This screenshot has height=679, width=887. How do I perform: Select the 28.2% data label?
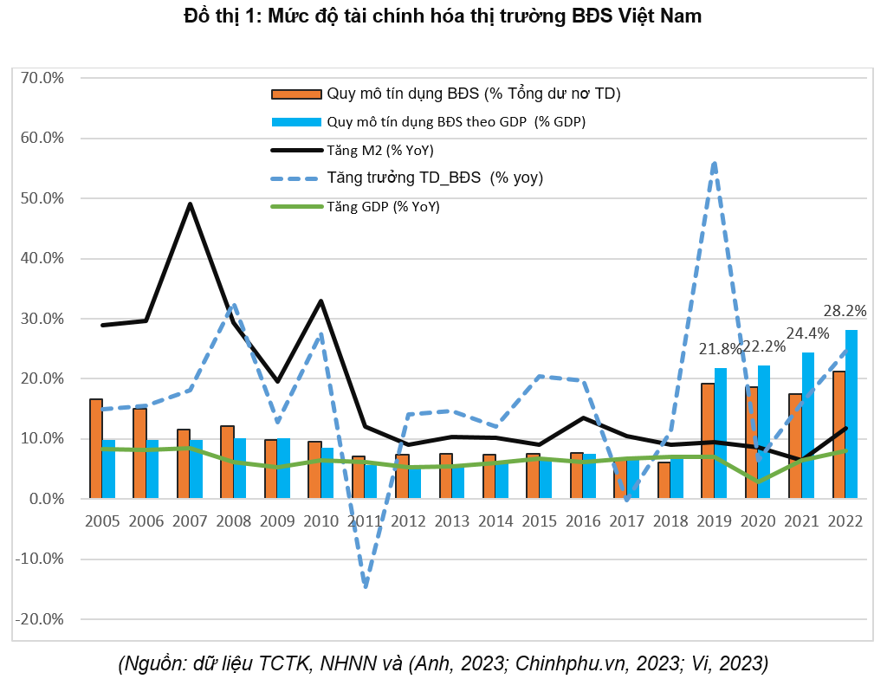point(845,311)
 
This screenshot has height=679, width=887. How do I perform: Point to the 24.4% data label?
point(807,333)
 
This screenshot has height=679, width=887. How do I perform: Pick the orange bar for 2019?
point(708,441)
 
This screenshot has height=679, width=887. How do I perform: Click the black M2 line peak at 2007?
point(190,204)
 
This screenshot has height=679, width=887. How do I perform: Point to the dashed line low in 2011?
point(366,586)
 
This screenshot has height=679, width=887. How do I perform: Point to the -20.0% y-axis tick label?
point(41,619)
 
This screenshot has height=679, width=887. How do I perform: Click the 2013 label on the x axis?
point(453,521)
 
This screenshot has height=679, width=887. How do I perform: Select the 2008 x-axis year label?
point(234,521)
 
